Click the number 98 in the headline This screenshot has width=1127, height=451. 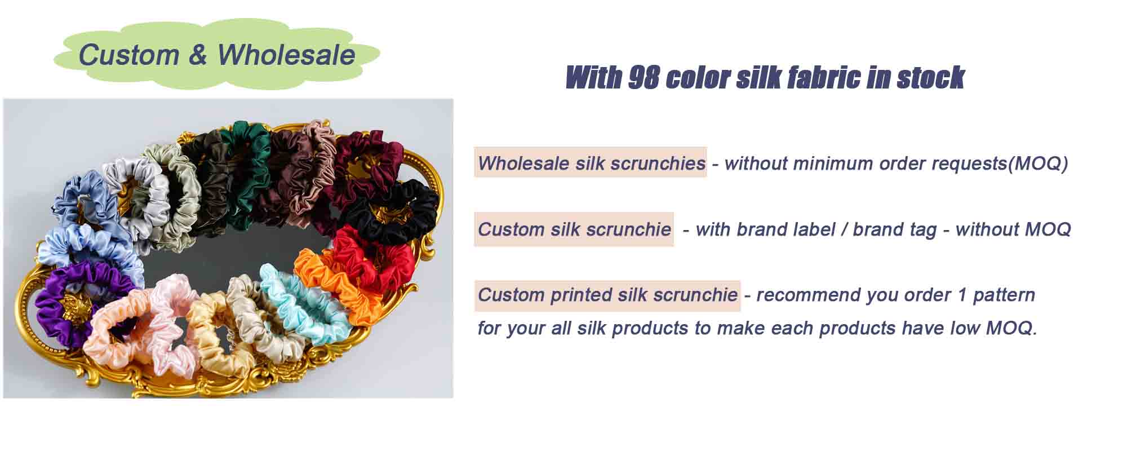coord(643,77)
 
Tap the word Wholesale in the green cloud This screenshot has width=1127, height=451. coord(286,55)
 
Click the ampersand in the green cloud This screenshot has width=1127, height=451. coord(198,55)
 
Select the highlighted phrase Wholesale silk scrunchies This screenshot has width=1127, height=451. coord(591,163)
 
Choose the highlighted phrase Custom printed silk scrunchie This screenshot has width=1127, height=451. coord(607,295)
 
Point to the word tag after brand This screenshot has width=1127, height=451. coord(921,229)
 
